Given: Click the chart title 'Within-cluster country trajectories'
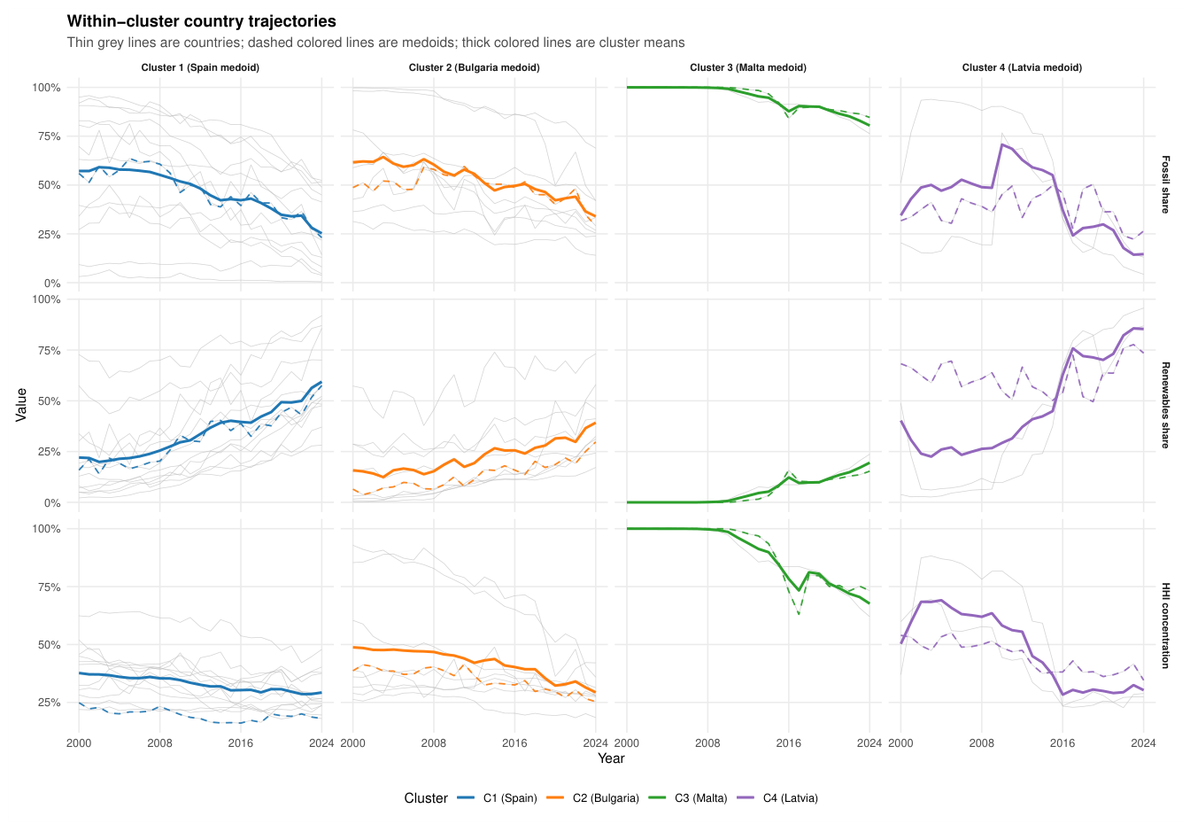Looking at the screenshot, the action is [201, 21].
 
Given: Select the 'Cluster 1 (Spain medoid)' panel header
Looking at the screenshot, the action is [200, 67].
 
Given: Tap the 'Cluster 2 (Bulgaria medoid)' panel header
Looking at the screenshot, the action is [474, 67].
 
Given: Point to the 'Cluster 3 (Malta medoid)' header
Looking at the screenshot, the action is [748, 67].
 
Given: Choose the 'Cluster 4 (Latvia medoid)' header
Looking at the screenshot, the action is [1022, 67].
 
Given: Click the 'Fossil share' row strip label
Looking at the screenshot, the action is [1165, 184].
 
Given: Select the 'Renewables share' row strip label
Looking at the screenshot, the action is [1165, 405].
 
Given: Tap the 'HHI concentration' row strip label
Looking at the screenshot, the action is [1165, 626].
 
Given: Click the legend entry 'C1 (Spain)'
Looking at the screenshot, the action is [510, 798].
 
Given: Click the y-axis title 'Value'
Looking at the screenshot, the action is [21, 405].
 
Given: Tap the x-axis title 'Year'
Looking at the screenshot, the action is [611, 758].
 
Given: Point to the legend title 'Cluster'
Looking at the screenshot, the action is [426, 798].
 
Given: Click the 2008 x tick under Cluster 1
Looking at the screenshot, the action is [160, 743].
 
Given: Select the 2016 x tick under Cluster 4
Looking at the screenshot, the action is [1062, 743].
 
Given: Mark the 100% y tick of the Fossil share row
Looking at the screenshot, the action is [46, 88].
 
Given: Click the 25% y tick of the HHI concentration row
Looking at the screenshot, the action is [49, 703].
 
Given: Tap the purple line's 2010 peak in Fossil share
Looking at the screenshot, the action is [1002, 144].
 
